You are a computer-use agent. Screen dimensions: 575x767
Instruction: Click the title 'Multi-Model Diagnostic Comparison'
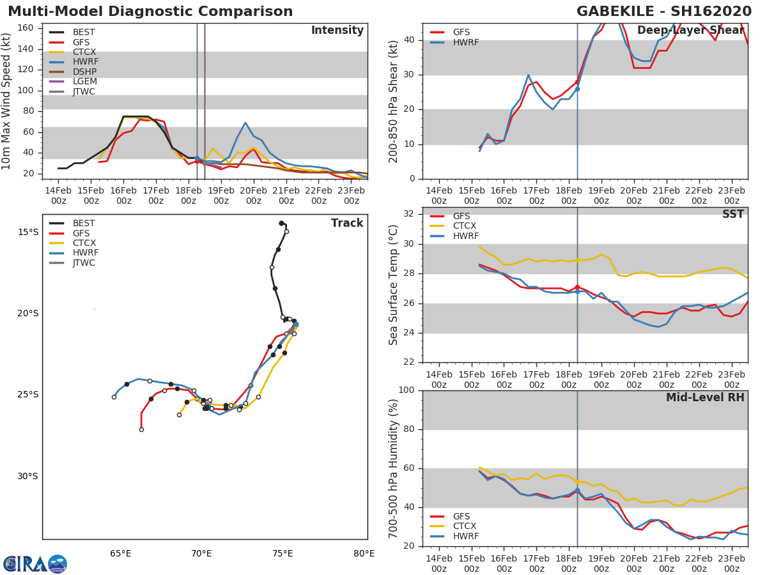pos(150,11)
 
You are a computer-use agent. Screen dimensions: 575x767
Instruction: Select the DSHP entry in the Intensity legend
pos(84,71)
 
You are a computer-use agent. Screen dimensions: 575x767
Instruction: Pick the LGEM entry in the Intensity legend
pos(84,81)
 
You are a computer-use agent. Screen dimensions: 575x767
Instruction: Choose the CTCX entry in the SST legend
pos(464,226)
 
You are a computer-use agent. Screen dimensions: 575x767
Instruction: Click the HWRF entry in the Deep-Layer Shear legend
pos(465,43)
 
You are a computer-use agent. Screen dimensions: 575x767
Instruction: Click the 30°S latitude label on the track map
pos(28,476)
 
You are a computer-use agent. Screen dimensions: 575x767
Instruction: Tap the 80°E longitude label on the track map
pos(364,553)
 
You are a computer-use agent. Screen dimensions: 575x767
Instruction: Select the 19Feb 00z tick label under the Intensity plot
pos(221,195)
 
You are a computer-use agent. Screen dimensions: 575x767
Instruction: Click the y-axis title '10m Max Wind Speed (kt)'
pos(7,102)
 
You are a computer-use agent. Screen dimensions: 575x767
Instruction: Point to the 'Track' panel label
pos(346,223)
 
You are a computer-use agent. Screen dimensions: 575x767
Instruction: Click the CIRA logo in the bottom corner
pos(35,563)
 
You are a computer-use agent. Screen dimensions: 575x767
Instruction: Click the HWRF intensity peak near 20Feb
pos(245,123)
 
